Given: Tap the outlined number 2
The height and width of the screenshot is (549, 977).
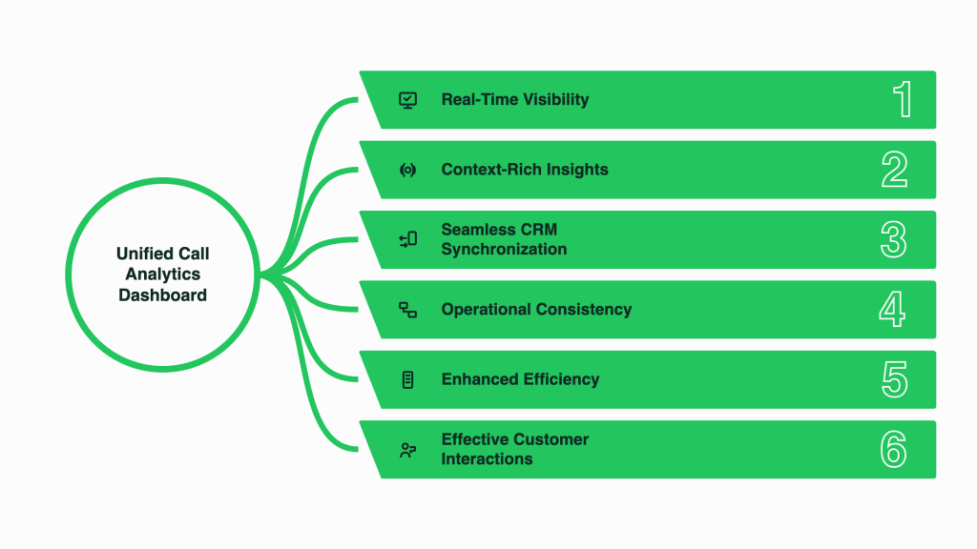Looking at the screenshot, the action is point(895,170).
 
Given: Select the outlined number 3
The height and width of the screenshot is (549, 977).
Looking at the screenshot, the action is point(893,239).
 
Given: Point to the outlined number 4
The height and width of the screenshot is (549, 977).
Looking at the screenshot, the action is point(892,310).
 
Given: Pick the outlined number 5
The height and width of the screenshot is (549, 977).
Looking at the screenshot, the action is point(895,379).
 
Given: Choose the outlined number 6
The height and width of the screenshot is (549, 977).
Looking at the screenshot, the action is point(893,450).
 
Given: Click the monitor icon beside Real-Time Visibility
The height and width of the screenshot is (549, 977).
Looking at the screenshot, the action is point(408,100).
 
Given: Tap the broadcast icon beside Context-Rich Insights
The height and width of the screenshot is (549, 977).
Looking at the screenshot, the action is point(408,170).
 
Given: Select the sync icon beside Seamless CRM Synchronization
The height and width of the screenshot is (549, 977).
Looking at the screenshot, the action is point(408,239).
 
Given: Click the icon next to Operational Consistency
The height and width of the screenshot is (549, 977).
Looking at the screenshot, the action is point(408,310).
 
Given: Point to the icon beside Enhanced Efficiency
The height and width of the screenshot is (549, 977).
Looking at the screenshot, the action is point(408,379).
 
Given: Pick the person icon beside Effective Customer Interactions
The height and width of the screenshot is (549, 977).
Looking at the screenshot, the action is point(408,450).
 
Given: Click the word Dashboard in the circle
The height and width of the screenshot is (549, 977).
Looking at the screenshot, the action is point(162,295).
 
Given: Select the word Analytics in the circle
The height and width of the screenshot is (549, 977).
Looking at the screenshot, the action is point(162,274).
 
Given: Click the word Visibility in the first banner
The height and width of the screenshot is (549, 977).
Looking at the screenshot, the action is point(556,99).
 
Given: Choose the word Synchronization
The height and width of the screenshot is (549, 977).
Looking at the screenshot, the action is point(504,249).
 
